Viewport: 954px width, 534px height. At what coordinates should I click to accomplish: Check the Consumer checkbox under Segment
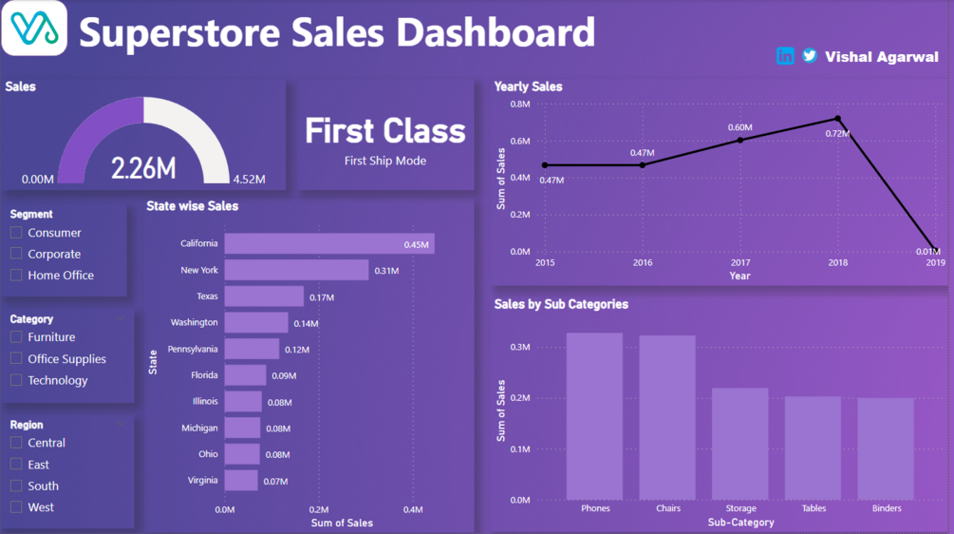16,233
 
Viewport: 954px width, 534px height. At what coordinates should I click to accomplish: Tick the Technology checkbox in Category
16,380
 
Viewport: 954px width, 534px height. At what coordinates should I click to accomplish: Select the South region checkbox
16,486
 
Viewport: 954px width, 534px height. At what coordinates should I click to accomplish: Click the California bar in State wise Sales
328,243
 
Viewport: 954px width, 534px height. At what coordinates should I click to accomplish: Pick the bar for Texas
264,296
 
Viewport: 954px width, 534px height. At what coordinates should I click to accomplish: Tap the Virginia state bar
241,481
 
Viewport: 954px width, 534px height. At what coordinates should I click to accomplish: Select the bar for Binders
887,448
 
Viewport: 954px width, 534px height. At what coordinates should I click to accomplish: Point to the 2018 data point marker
838,119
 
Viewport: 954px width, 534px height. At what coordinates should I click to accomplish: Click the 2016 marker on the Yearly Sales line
643,164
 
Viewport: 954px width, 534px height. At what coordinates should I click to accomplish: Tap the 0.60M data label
739,127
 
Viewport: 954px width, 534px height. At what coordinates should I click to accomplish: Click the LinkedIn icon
785,56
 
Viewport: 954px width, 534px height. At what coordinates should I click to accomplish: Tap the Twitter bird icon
810,56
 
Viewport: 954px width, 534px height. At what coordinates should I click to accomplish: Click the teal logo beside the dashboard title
34,29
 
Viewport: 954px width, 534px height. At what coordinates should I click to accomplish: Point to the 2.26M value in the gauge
143,168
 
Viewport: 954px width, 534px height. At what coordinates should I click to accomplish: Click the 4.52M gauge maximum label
249,180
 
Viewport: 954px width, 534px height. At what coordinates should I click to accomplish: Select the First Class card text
385,131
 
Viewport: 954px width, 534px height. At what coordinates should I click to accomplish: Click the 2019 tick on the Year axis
935,262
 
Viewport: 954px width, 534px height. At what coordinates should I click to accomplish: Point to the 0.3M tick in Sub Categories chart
520,348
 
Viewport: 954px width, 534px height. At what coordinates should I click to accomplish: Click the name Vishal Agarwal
882,57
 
